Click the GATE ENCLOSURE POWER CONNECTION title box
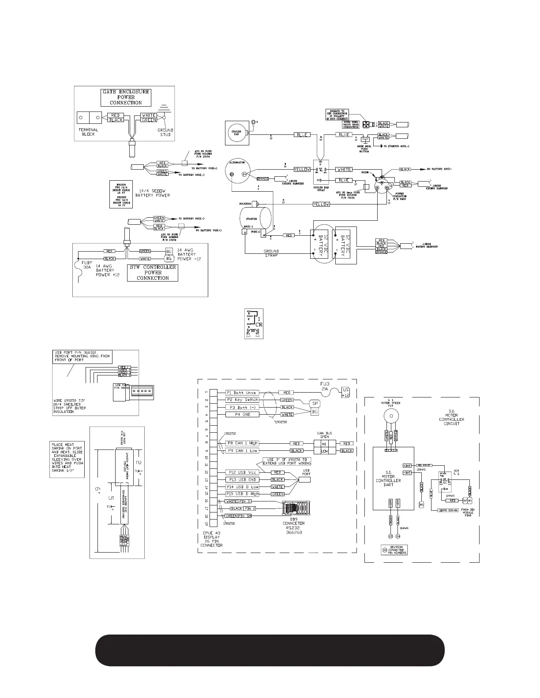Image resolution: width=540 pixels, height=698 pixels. [126, 97]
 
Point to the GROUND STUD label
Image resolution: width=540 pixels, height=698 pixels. [165, 132]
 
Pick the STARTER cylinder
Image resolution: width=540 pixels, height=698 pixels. [255, 219]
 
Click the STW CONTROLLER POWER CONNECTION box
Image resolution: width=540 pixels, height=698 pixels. [153, 273]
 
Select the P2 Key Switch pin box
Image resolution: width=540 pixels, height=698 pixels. [242, 400]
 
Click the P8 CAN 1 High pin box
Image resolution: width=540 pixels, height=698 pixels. [242, 443]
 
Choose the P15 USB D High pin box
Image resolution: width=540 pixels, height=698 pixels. [242, 494]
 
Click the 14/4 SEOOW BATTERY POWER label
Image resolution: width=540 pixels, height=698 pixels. [153, 192]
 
